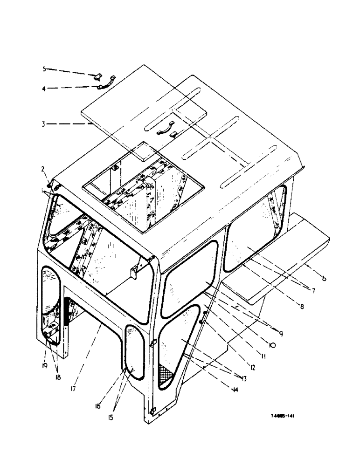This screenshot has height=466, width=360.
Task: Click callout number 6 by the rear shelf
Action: tap(323, 279)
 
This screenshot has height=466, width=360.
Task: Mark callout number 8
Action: tap(302, 308)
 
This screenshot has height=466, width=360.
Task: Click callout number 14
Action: tap(234, 391)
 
